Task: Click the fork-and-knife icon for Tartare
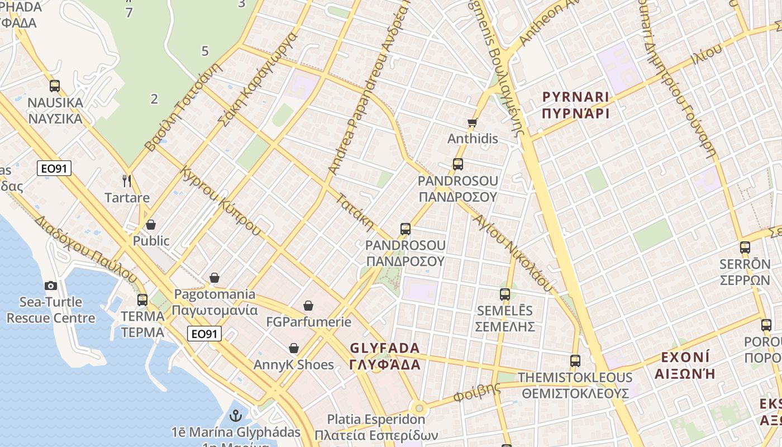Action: pyautogui.click(x=127, y=180)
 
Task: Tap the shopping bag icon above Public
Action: pyautogui.click(x=150, y=225)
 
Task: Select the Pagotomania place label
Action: pyautogui.click(x=214, y=302)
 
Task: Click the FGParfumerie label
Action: pyautogui.click(x=308, y=322)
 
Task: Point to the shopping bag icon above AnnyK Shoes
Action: pyautogui.click(x=294, y=348)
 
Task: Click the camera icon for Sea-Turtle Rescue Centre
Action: pyautogui.click(x=51, y=286)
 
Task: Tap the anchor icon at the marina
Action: pyautogui.click(x=235, y=415)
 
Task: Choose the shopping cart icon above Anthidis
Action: pyautogui.click(x=473, y=122)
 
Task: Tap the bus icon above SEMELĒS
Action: pyautogui.click(x=505, y=294)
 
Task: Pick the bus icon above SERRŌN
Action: pyautogui.click(x=745, y=247)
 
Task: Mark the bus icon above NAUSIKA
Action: pyautogui.click(x=55, y=86)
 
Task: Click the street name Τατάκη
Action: pyautogui.click(x=355, y=212)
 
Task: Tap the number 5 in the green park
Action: pyautogui.click(x=205, y=51)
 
